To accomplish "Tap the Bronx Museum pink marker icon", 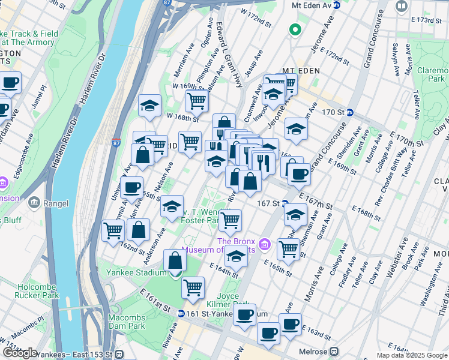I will tap(266, 245).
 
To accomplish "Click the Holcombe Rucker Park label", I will tap(38, 291).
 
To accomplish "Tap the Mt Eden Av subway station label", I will tap(311, 5).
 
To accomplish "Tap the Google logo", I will tap(20, 353).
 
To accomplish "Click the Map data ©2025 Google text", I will tap(412, 355).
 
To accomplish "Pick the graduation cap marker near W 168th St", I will tap(149, 106).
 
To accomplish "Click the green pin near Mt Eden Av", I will tap(295, 29).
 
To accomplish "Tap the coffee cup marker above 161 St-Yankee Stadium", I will tap(244, 314).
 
